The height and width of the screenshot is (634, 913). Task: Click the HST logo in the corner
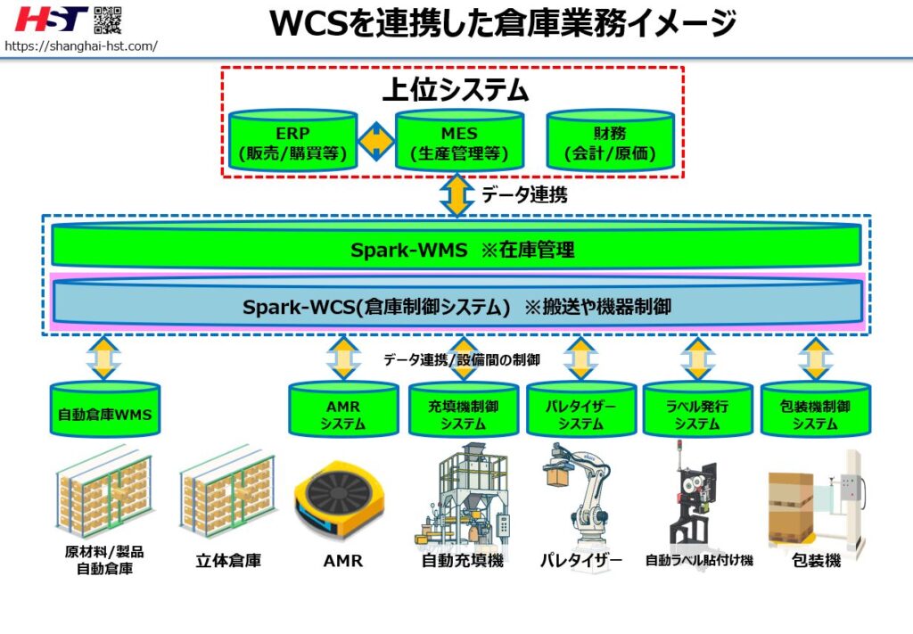pos(52,19)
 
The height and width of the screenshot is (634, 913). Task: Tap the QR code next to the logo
pos(108,19)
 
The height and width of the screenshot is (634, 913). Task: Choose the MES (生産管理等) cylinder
pos(459,142)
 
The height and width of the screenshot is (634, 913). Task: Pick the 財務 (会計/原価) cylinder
pos(610,142)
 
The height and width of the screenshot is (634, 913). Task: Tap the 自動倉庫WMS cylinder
pos(104,412)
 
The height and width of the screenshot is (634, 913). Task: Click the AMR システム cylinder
pos(342,412)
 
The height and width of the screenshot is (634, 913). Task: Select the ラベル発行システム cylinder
pos(696,412)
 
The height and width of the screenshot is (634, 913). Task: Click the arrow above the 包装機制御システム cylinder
pos(814,358)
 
